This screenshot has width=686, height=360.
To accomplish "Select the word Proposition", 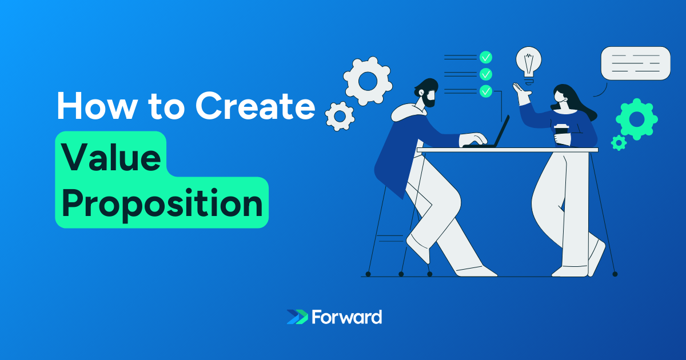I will (162, 203).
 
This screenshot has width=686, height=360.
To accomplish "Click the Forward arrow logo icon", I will (297, 317).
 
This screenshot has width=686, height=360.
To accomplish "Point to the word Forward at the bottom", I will (347, 317).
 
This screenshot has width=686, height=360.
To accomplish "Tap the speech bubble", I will (635, 63).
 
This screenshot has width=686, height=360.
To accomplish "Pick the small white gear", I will (340, 116).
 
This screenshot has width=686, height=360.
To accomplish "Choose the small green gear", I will (619, 142).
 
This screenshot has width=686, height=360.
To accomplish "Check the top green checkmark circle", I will (486, 57).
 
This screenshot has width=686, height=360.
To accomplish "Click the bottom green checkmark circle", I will (486, 90).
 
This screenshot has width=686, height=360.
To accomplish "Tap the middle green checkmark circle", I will (486, 74).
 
